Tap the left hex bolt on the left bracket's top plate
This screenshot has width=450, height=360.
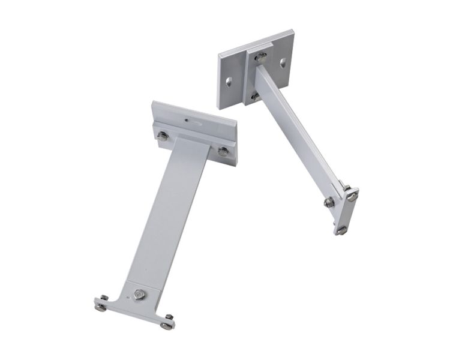(163, 136)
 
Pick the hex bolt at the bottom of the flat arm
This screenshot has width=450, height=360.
(139, 295)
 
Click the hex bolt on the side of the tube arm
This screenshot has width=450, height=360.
(329, 202)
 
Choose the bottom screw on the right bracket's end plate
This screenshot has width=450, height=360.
(341, 229)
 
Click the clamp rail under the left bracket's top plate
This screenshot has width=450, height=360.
(192, 139)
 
